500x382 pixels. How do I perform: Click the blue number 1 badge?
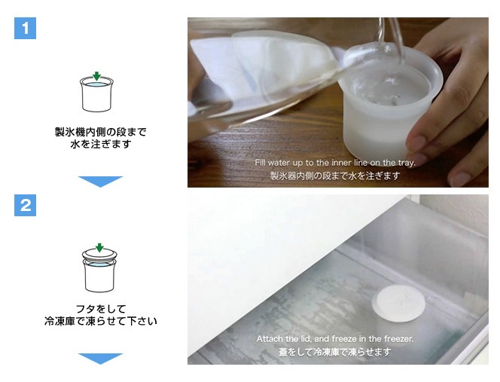coord(25,29)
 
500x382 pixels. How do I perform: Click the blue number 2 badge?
coord(25,205)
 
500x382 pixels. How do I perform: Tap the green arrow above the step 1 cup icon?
coord(96,76)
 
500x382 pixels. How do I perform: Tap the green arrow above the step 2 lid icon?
coord(100,248)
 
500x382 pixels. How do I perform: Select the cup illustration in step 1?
coord(96,94)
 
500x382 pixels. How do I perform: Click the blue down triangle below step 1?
coord(100,182)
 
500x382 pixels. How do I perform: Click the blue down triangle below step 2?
coord(100,359)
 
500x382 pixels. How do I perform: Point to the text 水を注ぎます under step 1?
coord(101,144)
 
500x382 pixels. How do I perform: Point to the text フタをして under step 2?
coord(101,309)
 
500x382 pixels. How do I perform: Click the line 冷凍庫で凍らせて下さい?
coord(101,321)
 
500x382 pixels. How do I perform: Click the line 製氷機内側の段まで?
coord(101,132)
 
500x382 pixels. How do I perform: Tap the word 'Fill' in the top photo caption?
coord(260,163)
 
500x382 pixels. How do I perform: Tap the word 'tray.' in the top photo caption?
coord(407,163)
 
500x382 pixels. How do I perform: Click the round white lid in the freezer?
coord(398,303)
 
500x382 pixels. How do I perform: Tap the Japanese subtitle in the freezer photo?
coord(335,352)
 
